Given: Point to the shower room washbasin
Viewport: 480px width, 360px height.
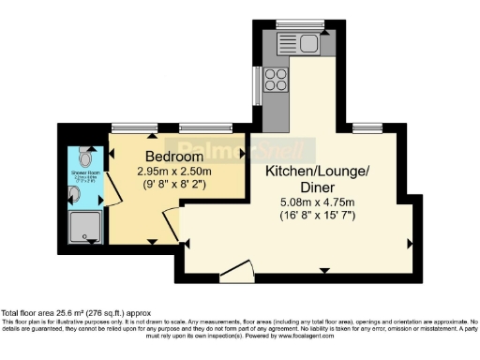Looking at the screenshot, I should click(75, 194).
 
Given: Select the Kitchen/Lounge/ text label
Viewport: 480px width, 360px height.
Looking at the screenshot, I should click(319, 172).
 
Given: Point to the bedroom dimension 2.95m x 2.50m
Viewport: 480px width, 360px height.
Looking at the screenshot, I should click(174, 171).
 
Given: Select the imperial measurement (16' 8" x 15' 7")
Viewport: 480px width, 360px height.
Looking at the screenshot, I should click(319, 216).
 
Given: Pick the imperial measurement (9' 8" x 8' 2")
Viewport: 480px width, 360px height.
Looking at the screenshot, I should click(174, 185).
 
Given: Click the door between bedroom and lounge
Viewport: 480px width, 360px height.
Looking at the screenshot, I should click(171, 226).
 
